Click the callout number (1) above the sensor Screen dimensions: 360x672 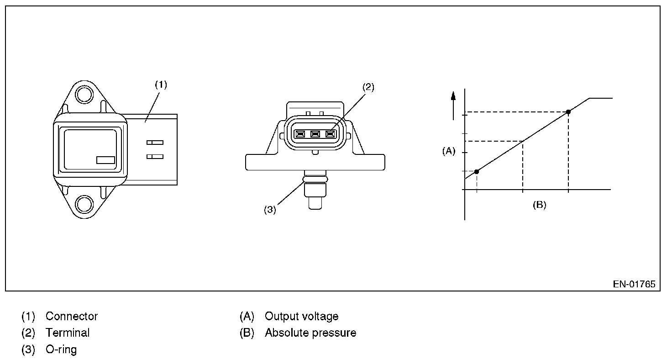pyautogui.click(x=161, y=85)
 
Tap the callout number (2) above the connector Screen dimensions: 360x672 pyautogui.click(x=368, y=87)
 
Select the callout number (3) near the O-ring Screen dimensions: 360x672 pyautogui.click(x=270, y=210)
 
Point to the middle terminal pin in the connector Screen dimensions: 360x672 pyautogui.click(x=315, y=134)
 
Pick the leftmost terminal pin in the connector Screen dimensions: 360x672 pyautogui.click(x=300, y=134)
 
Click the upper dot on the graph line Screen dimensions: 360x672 pyautogui.click(x=568, y=112)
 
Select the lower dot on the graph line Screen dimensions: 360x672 pyautogui.click(x=477, y=171)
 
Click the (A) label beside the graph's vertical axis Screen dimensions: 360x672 pyautogui.click(x=449, y=151)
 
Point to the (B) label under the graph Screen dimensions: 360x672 pyautogui.click(x=539, y=205)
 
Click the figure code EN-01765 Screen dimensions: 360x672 pyautogui.click(x=634, y=284)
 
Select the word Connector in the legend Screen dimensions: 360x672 pyautogui.click(x=72, y=316)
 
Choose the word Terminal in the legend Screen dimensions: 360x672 pyautogui.click(x=68, y=333)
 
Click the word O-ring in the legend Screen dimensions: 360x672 pyautogui.click(x=61, y=349)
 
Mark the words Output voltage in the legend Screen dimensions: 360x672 pyautogui.click(x=301, y=316)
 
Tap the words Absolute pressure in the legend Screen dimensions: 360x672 pyautogui.click(x=310, y=333)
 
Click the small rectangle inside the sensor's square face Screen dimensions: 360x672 pyautogui.click(x=105, y=160)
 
